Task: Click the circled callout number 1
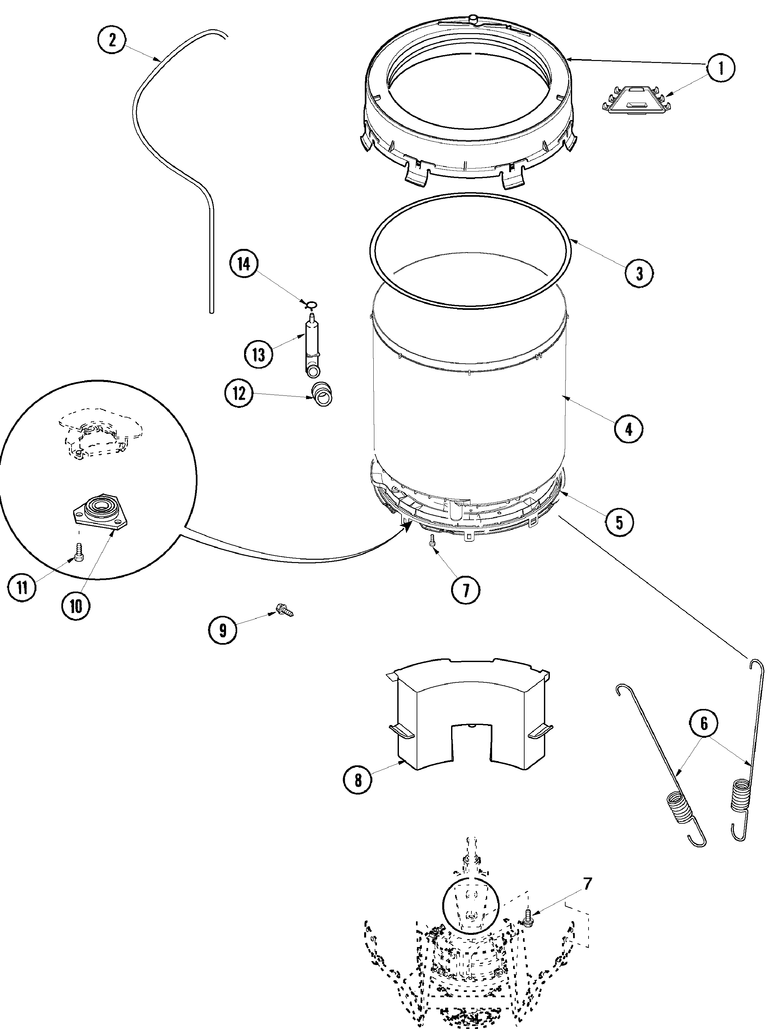[720, 69]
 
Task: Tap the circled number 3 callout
[639, 273]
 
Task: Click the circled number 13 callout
[259, 354]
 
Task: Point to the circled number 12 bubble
[238, 393]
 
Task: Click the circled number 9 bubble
[223, 630]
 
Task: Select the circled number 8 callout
[358, 780]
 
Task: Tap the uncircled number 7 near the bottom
[588, 885]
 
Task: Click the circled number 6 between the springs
[704, 723]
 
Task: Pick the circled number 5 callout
[619, 522]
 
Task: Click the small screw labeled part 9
[284, 610]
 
